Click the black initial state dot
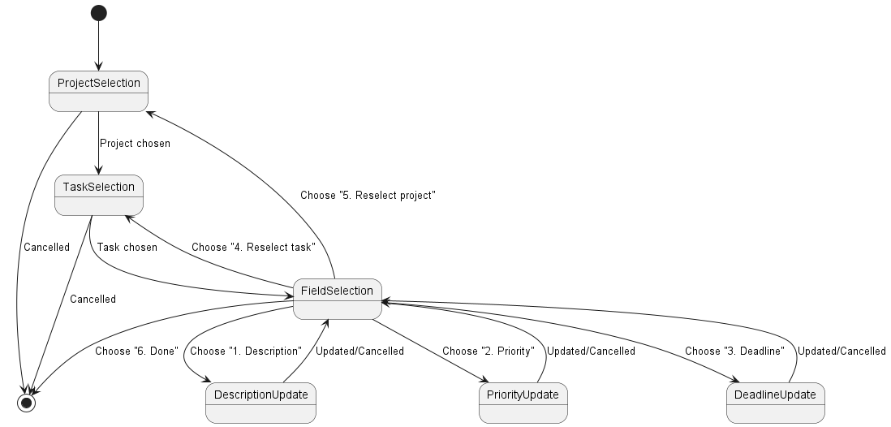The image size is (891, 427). pos(98,13)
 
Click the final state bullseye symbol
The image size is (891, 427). pos(27,402)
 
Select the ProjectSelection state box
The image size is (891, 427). pos(98,91)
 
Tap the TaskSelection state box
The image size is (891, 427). pos(98,195)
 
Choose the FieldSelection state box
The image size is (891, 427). pos(337,299)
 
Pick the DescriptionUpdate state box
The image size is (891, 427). pos(260,403)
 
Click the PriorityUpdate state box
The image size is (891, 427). pos(523,403)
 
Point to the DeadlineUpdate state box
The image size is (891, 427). pos(775,403)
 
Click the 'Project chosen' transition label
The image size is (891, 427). pos(135,144)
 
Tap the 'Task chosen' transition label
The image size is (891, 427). pos(127,248)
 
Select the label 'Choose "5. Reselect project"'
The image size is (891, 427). pos(362,196)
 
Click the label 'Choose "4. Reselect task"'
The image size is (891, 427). pos(253,248)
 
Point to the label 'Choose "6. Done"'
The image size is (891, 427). pos(136,352)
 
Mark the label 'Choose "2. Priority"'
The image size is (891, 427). pos(488,352)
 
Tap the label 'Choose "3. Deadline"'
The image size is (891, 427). pos(734,352)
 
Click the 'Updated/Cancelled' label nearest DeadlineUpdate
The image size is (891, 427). pos(841,352)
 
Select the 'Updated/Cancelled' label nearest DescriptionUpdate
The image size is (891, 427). pos(359,352)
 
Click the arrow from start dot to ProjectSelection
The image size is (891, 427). pos(98,45)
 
